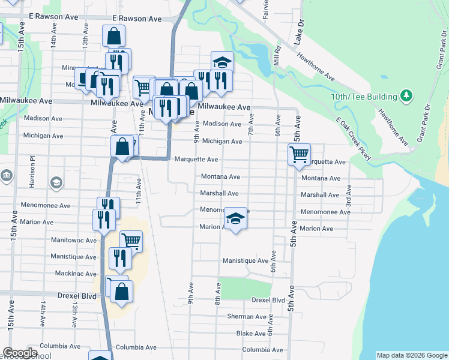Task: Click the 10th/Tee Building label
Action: coord(364,97)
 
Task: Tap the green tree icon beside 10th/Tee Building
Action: coord(406,96)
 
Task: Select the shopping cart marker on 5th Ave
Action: coord(299,155)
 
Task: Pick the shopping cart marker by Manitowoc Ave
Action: coord(131,242)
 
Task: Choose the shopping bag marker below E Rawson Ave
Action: coord(113,37)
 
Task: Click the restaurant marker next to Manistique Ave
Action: coord(121,258)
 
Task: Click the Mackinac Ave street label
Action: coord(73,274)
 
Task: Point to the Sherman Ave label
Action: coord(246,316)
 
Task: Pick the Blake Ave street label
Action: coord(251,333)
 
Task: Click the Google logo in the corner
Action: coord(20,353)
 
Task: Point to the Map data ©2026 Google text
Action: coord(411,355)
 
